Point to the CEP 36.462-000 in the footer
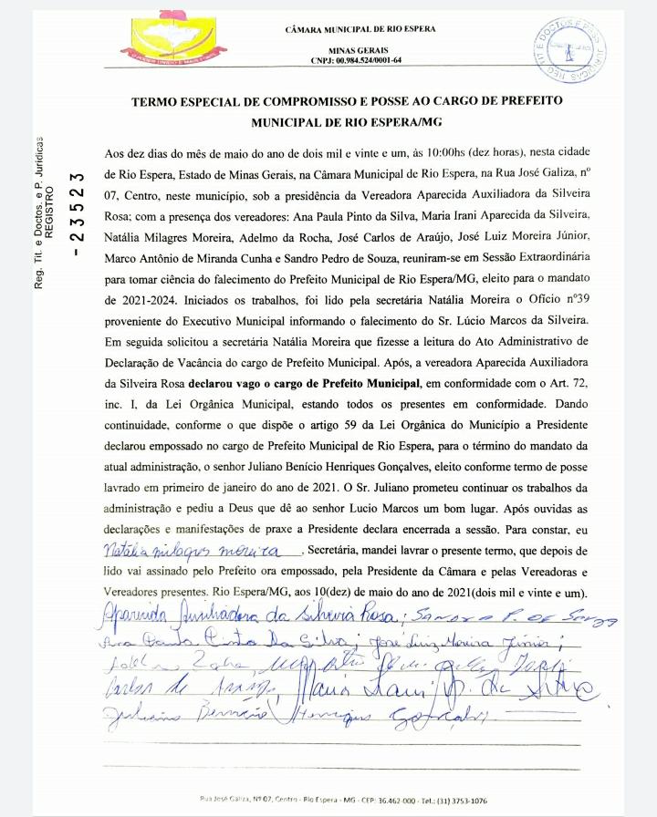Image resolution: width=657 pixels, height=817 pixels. pyautogui.click(x=371, y=800)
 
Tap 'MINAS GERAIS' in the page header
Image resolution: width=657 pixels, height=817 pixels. pyautogui.click(x=360, y=49)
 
